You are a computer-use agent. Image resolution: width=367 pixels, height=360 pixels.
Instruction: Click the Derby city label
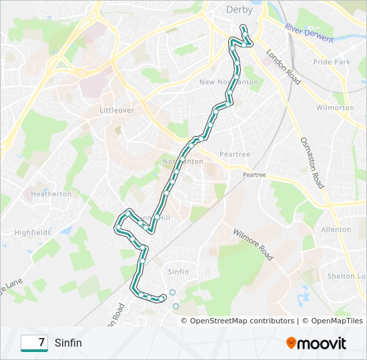[x=240, y=9]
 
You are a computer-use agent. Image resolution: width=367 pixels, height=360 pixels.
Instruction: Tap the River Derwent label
[x=309, y=33]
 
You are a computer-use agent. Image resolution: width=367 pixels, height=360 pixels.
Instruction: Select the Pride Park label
[x=332, y=62]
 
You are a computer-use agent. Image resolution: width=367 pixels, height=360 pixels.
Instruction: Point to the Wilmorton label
[x=335, y=107]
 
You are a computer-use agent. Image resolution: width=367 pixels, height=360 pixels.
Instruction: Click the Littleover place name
[x=117, y=109]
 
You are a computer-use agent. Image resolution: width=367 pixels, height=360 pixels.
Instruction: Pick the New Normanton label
[x=229, y=82]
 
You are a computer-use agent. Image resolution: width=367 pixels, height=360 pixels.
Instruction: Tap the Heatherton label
[x=51, y=194]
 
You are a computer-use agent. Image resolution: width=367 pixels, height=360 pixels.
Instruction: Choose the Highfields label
[x=33, y=233]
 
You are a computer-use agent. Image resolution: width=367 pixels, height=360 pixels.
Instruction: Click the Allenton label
[x=336, y=229]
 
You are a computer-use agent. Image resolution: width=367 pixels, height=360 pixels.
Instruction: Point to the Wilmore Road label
[x=253, y=245]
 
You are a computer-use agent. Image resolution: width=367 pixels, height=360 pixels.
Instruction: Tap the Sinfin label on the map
[x=179, y=272]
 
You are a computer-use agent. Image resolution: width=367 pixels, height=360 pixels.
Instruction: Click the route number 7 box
[x=34, y=343]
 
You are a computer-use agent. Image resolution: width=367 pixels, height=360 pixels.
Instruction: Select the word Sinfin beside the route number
[x=69, y=343]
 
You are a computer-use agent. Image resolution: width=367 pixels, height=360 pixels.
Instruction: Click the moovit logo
[x=316, y=343]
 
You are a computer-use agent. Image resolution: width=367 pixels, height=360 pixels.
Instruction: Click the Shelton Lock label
[x=346, y=276]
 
